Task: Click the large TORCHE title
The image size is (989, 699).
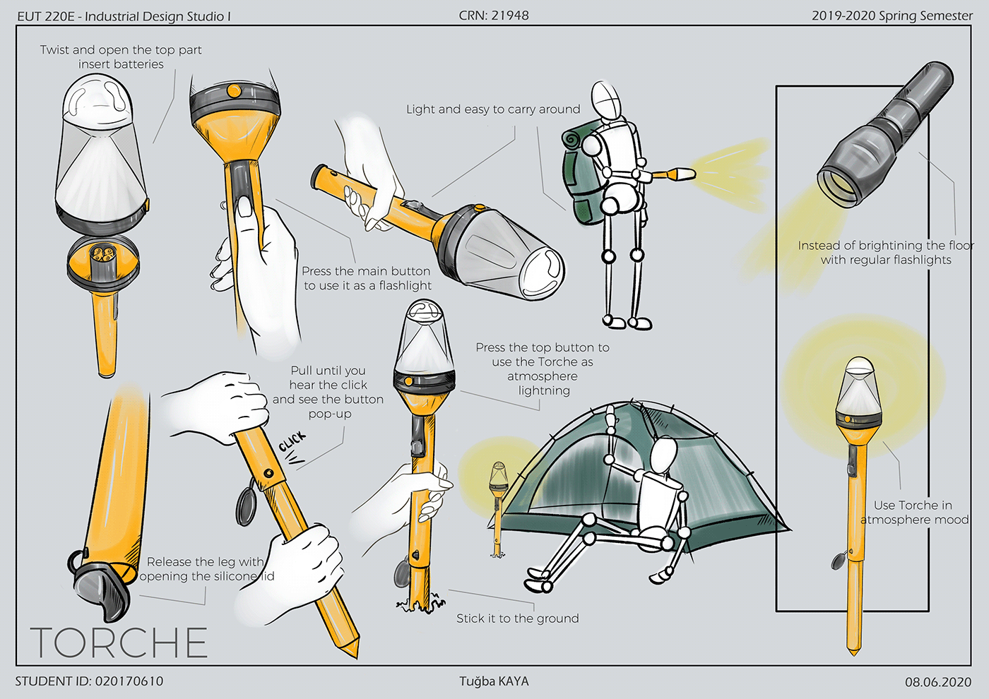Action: pos(119,642)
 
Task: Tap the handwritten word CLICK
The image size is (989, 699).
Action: pos(292,441)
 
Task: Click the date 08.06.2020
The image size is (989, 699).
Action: pos(938,682)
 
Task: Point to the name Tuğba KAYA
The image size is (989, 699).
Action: pos(494,681)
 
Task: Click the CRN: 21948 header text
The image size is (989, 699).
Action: pos(494,16)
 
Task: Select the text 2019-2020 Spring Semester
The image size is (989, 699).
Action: pos(892,16)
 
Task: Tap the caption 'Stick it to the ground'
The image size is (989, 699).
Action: pos(517,619)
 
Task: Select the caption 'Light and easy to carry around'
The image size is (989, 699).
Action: pos(492,109)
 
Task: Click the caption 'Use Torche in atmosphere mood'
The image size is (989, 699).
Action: pos(913,513)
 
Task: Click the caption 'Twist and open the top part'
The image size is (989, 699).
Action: pos(121,50)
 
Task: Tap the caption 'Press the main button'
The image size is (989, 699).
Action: pos(366,271)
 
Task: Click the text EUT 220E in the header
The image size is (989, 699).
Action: pos(45,16)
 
